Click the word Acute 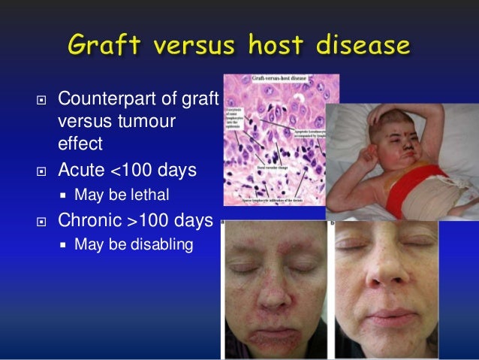(82, 171)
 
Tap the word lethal (149, 195)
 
